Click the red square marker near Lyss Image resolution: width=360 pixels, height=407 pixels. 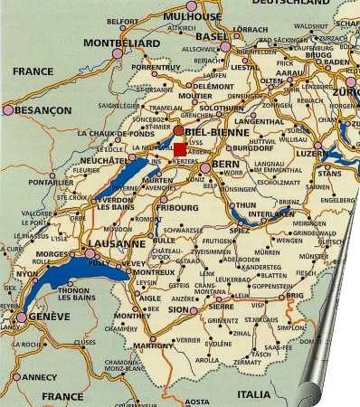pyautogui.click(x=180, y=148)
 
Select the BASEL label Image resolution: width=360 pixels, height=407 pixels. pyautogui.click(x=213, y=36)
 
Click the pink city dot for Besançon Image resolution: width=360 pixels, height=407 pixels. pyautogui.click(x=8, y=109)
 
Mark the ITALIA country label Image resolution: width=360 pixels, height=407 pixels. pyautogui.click(x=253, y=394)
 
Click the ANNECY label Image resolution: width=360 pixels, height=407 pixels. pyautogui.click(x=38, y=377)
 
